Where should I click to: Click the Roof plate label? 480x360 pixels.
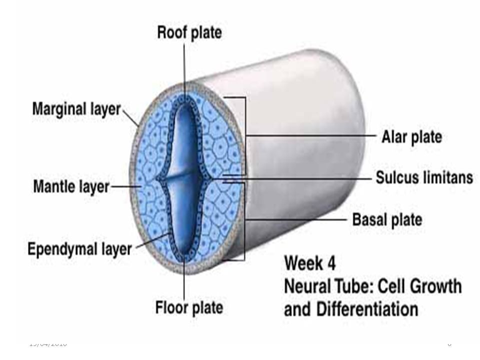point(189,33)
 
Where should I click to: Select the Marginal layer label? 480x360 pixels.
point(77,108)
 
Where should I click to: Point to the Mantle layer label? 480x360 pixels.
point(71,187)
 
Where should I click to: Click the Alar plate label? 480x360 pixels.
point(412,136)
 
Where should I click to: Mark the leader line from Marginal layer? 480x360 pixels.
point(131,117)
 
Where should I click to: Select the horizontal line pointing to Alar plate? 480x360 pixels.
point(310,135)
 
